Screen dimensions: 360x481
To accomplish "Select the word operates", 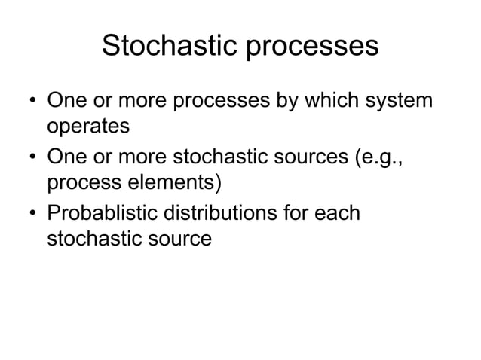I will (x=88, y=127).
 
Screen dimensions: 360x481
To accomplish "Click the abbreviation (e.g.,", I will (x=384, y=157).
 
